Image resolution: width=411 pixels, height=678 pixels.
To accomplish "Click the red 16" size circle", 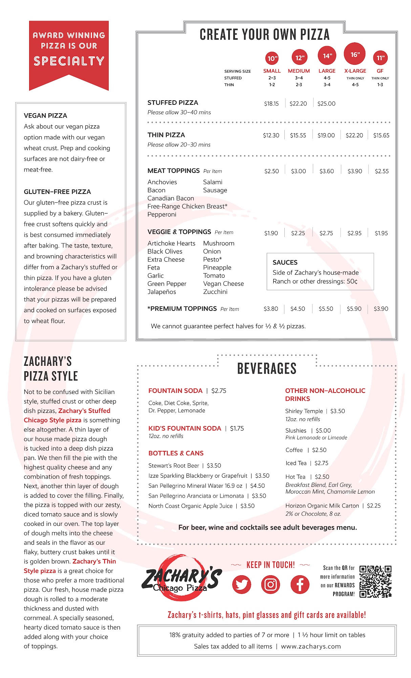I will [x=355, y=54].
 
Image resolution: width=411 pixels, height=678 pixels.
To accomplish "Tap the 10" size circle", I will [x=272, y=58].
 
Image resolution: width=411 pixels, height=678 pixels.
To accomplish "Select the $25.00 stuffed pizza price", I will [x=326, y=104].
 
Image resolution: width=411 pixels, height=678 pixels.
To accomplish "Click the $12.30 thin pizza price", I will [x=271, y=135].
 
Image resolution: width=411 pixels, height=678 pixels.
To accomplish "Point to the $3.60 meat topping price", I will [x=327, y=171].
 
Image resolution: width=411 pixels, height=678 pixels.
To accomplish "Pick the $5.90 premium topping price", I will [x=354, y=309].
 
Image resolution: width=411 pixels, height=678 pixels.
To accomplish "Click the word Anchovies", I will [x=162, y=182].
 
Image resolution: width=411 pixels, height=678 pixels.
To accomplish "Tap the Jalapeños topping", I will [x=162, y=292].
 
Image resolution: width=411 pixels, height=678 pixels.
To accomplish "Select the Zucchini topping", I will [x=215, y=292].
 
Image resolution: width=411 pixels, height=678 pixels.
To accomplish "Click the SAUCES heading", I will [x=285, y=262].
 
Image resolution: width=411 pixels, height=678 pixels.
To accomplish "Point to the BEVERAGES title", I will [x=267, y=368].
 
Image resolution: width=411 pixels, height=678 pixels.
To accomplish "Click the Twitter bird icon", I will [x=242, y=584].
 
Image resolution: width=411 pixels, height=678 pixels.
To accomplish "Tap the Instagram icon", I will [x=271, y=584].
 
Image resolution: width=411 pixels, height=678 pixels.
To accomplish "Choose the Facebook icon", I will [x=300, y=584].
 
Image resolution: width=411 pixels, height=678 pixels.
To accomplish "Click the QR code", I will [x=375, y=581].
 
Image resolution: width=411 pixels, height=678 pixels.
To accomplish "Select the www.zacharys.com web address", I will [x=311, y=646].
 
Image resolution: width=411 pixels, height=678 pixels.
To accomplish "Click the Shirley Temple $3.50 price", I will [x=338, y=411].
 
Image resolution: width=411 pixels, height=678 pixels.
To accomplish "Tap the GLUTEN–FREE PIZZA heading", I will [x=57, y=192].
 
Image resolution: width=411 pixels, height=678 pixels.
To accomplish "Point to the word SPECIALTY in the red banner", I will [x=69, y=61].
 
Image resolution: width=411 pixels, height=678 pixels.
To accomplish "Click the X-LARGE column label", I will [x=355, y=71].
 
